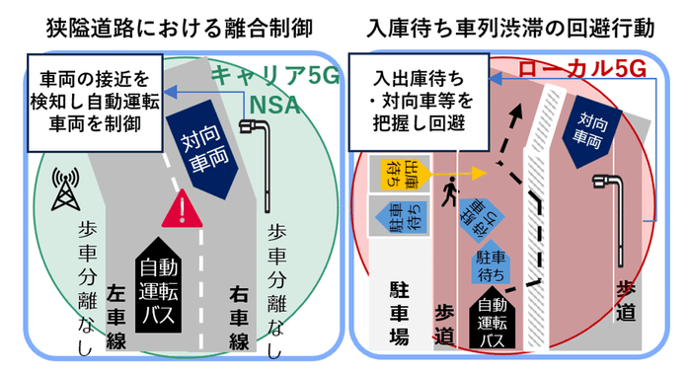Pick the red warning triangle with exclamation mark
tap(182, 210)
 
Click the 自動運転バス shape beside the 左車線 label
tap(174, 290)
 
